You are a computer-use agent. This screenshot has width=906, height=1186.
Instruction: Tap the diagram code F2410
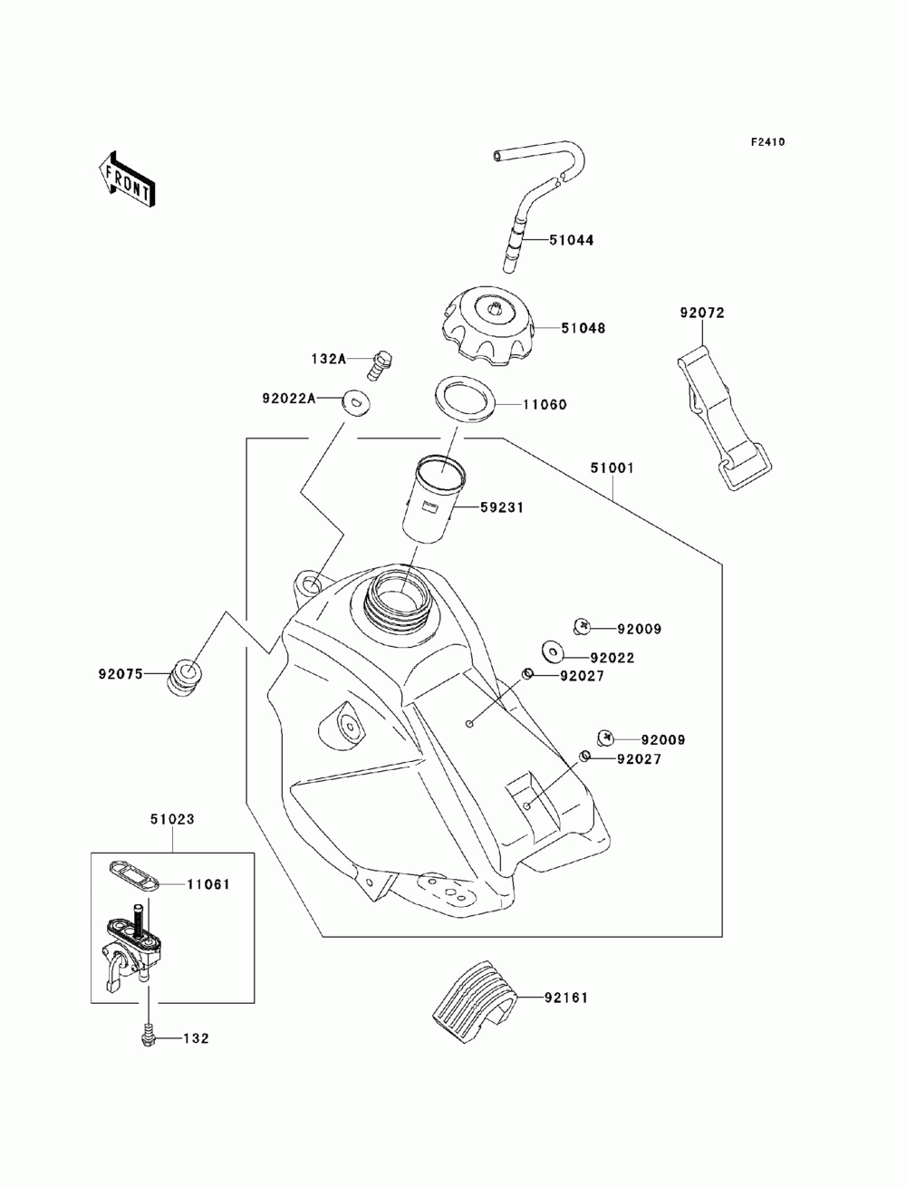[767, 142]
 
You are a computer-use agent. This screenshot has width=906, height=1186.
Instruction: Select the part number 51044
[571, 240]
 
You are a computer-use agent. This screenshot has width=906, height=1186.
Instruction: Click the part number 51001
[612, 468]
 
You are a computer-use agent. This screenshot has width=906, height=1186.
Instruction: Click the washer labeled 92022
[553, 651]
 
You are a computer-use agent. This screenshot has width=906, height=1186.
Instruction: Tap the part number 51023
[172, 820]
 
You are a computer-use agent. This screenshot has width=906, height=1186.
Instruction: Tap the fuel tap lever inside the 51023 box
[115, 975]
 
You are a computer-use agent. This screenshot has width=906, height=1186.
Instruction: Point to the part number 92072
[702, 313]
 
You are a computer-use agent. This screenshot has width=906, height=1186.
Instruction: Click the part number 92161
[565, 998]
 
